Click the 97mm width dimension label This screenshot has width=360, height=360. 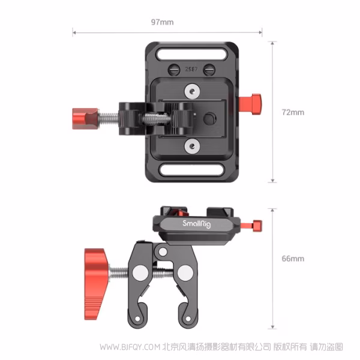pos(162,22)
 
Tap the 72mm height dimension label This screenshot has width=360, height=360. pos(293,112)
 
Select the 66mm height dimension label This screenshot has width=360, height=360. pos(293,259)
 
